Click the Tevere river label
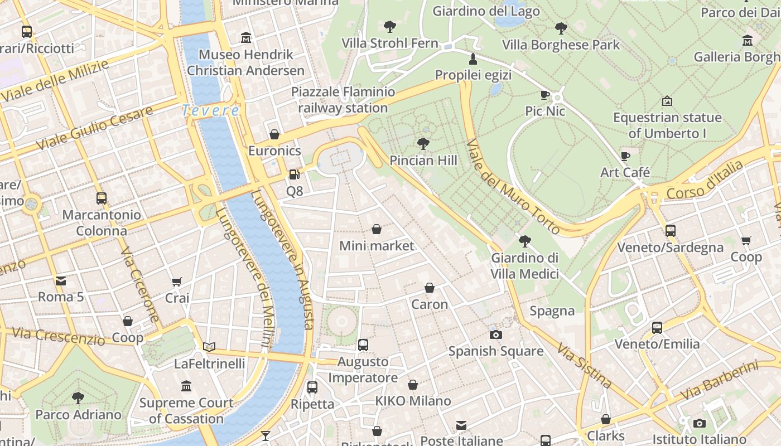coord(211,110)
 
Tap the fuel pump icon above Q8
coord(294,174)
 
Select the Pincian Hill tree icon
coord(423,144)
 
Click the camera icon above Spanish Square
coord(495,334)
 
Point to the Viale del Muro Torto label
coord(513,186)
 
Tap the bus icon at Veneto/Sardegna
coord(670,230)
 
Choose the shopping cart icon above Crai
coord(177,282)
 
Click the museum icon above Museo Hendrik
coord(245,38)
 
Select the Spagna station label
coord(552,311)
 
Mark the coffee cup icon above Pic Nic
coord(545,95)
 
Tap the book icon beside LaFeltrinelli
coord(209,347)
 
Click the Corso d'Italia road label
coord(705,181)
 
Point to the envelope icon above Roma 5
coord(60,280)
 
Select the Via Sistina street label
coord(584,365)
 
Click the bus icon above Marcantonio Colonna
coord(102,198)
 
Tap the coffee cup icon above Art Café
coord(625,157)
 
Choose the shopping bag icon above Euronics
coord(274,134)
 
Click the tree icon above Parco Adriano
coord(78,398)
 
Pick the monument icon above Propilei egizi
coord(473,59)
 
